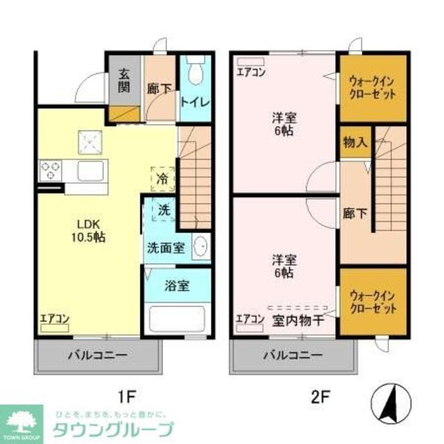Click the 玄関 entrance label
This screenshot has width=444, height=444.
click(124, 80)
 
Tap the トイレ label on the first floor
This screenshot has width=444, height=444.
click(195, 100)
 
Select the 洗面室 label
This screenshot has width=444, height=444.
click(165, 247)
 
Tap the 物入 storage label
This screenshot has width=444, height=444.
click(355, 143)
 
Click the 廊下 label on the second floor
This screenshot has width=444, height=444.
click(354, 214)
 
